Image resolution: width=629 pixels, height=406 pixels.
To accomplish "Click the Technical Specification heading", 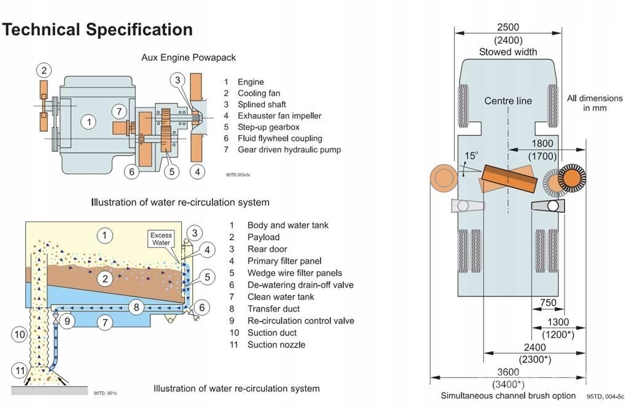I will pyautogui.click(x=97, y=30).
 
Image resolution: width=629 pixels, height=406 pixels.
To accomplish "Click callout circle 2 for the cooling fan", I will pyautogui.click(x=44, y=70).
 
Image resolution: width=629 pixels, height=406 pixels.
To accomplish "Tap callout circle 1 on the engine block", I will pyautogui.click(x=89, y=122).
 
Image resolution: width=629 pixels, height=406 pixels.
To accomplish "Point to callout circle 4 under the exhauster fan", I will pyautogui.click(x=197, y=172).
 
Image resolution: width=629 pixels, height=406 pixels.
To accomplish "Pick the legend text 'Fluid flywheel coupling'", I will pyautogui.click(x=279, y=138).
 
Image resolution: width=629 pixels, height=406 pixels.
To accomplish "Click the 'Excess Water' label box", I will pyautogui.click(x=161, y=239).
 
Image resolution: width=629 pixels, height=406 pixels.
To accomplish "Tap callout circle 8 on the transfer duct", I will pyautogui.click(x=138, y=306).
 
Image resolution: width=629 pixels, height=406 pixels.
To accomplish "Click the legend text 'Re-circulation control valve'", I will pyautogui.click(x=300, y=320).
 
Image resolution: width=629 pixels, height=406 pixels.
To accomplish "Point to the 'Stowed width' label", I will pyautogui.click(x=508, y=52).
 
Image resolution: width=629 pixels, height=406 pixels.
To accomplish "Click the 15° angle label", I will pyautogui.click(x=471, y=156).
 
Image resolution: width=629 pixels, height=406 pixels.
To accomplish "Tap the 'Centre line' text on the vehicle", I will pyautogui.click(x=508, y=100).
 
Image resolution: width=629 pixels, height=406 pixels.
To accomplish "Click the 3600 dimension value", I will pyautogui.click(x=508, y=372).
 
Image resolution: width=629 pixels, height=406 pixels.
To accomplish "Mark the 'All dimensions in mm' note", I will pyautogui.click(x=595, y=103).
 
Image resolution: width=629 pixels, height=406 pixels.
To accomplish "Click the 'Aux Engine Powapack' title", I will pyautogui.click(x=189, y=57).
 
